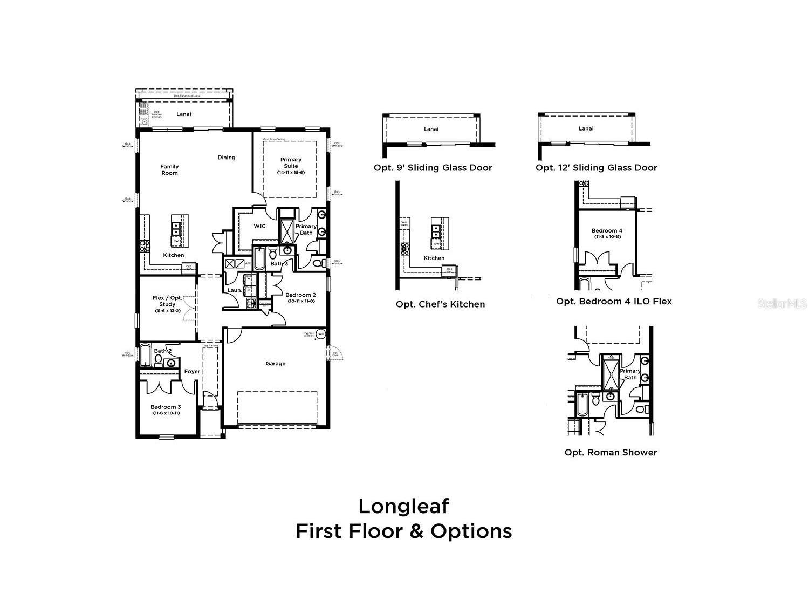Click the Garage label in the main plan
(275, 364)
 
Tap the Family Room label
(169, 169)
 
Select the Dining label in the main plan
(227, 158)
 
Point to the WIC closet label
(259, 226)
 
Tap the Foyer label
(192, 371)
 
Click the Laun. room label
(234, 290)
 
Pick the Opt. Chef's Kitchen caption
(440, 304)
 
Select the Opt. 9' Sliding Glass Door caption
(433, 168)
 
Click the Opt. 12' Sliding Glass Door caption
(596, 168)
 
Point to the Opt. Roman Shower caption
(611, 452)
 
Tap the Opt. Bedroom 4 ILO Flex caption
(614, 301)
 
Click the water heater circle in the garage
(320, 334)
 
